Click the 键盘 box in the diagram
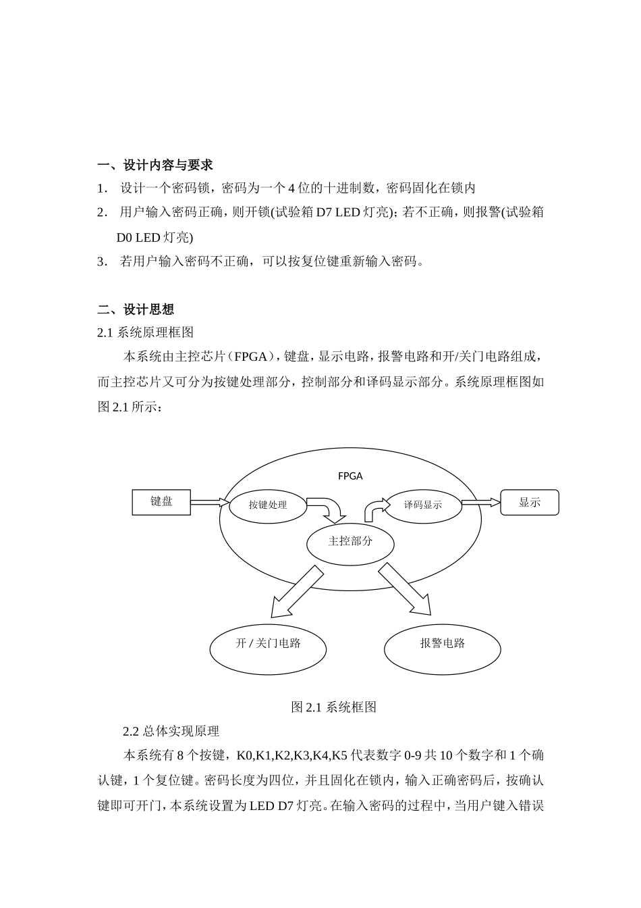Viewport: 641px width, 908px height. click(x=161, y=501)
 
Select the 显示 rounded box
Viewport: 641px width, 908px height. click(x=530, y=503)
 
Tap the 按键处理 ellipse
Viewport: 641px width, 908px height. click(x=268, y=505)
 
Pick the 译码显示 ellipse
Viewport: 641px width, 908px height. click(x=423, y=505)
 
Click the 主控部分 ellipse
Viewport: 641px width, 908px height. click(x=350, y=541)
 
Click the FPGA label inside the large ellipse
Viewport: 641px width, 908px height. click(x=350, y=476)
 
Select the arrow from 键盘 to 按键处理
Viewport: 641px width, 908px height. click(x=210, y=502)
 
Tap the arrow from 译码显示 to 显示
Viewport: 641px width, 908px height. click(x=481, y=502)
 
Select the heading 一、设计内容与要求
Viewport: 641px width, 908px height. click(x=155, y=165)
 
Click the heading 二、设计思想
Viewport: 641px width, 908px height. click(x=136, y=309)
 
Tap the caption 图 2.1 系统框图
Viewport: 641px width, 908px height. click(x=333, y=707)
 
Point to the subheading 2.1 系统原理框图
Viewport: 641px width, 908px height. click(x=146, y=332)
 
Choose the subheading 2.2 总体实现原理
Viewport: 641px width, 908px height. click(x=171, y=731)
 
